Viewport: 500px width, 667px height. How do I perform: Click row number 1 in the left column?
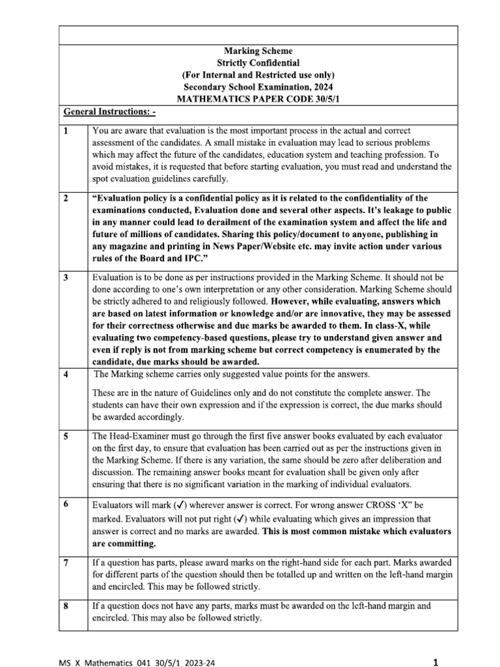point(66,131)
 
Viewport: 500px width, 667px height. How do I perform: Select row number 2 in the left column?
point(66,198)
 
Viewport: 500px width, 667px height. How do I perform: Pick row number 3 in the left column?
point(66,277)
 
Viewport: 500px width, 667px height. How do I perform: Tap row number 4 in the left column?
point(66,374)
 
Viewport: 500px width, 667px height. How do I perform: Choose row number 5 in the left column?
point(66,436)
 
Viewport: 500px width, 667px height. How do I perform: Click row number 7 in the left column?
point(66,562)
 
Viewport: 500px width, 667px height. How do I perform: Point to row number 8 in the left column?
point(66,606)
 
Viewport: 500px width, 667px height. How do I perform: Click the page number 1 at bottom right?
point(436,644)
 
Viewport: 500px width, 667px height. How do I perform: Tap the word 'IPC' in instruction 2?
point(177,258)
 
